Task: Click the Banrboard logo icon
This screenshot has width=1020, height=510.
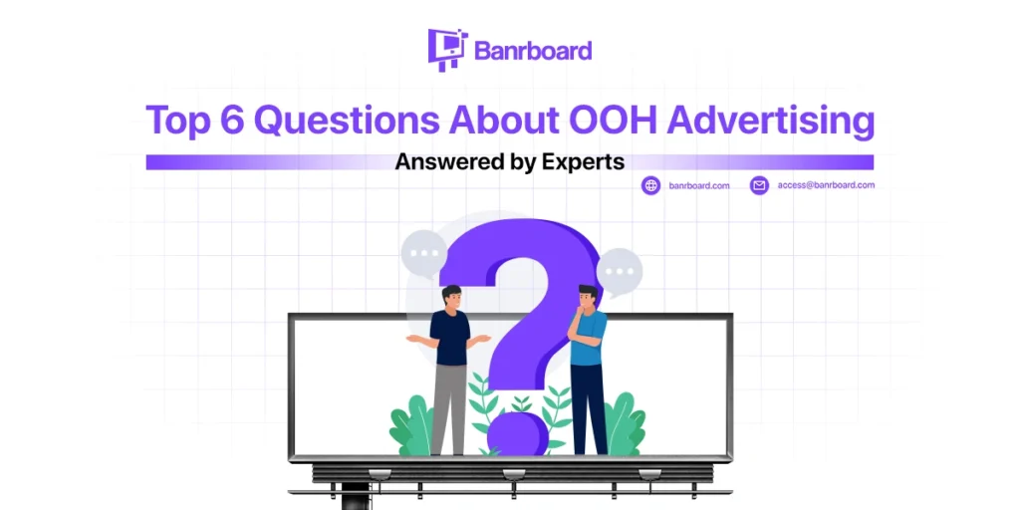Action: pyautogui.click(x=447, y=50)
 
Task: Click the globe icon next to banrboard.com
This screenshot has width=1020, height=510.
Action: pyautogui.click(x=650, y=185)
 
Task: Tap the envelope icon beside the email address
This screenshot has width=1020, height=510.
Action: pyautogui.click(x=759, y=185)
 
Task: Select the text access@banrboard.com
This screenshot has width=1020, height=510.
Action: pyautogui.click(x=826, y=184)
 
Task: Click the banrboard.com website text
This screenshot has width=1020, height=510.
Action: pyautogui.click(x=699, y=185)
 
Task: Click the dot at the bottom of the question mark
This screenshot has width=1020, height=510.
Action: pyautogui.click(x=517, y=433)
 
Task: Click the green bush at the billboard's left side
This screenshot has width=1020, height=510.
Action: pyautogui.click(x=411, y=426)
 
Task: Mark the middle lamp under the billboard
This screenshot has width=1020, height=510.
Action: pyautogui.click(x=514, y=473)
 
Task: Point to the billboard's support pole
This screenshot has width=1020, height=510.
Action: pyautogui.click(x=356, y=497)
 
